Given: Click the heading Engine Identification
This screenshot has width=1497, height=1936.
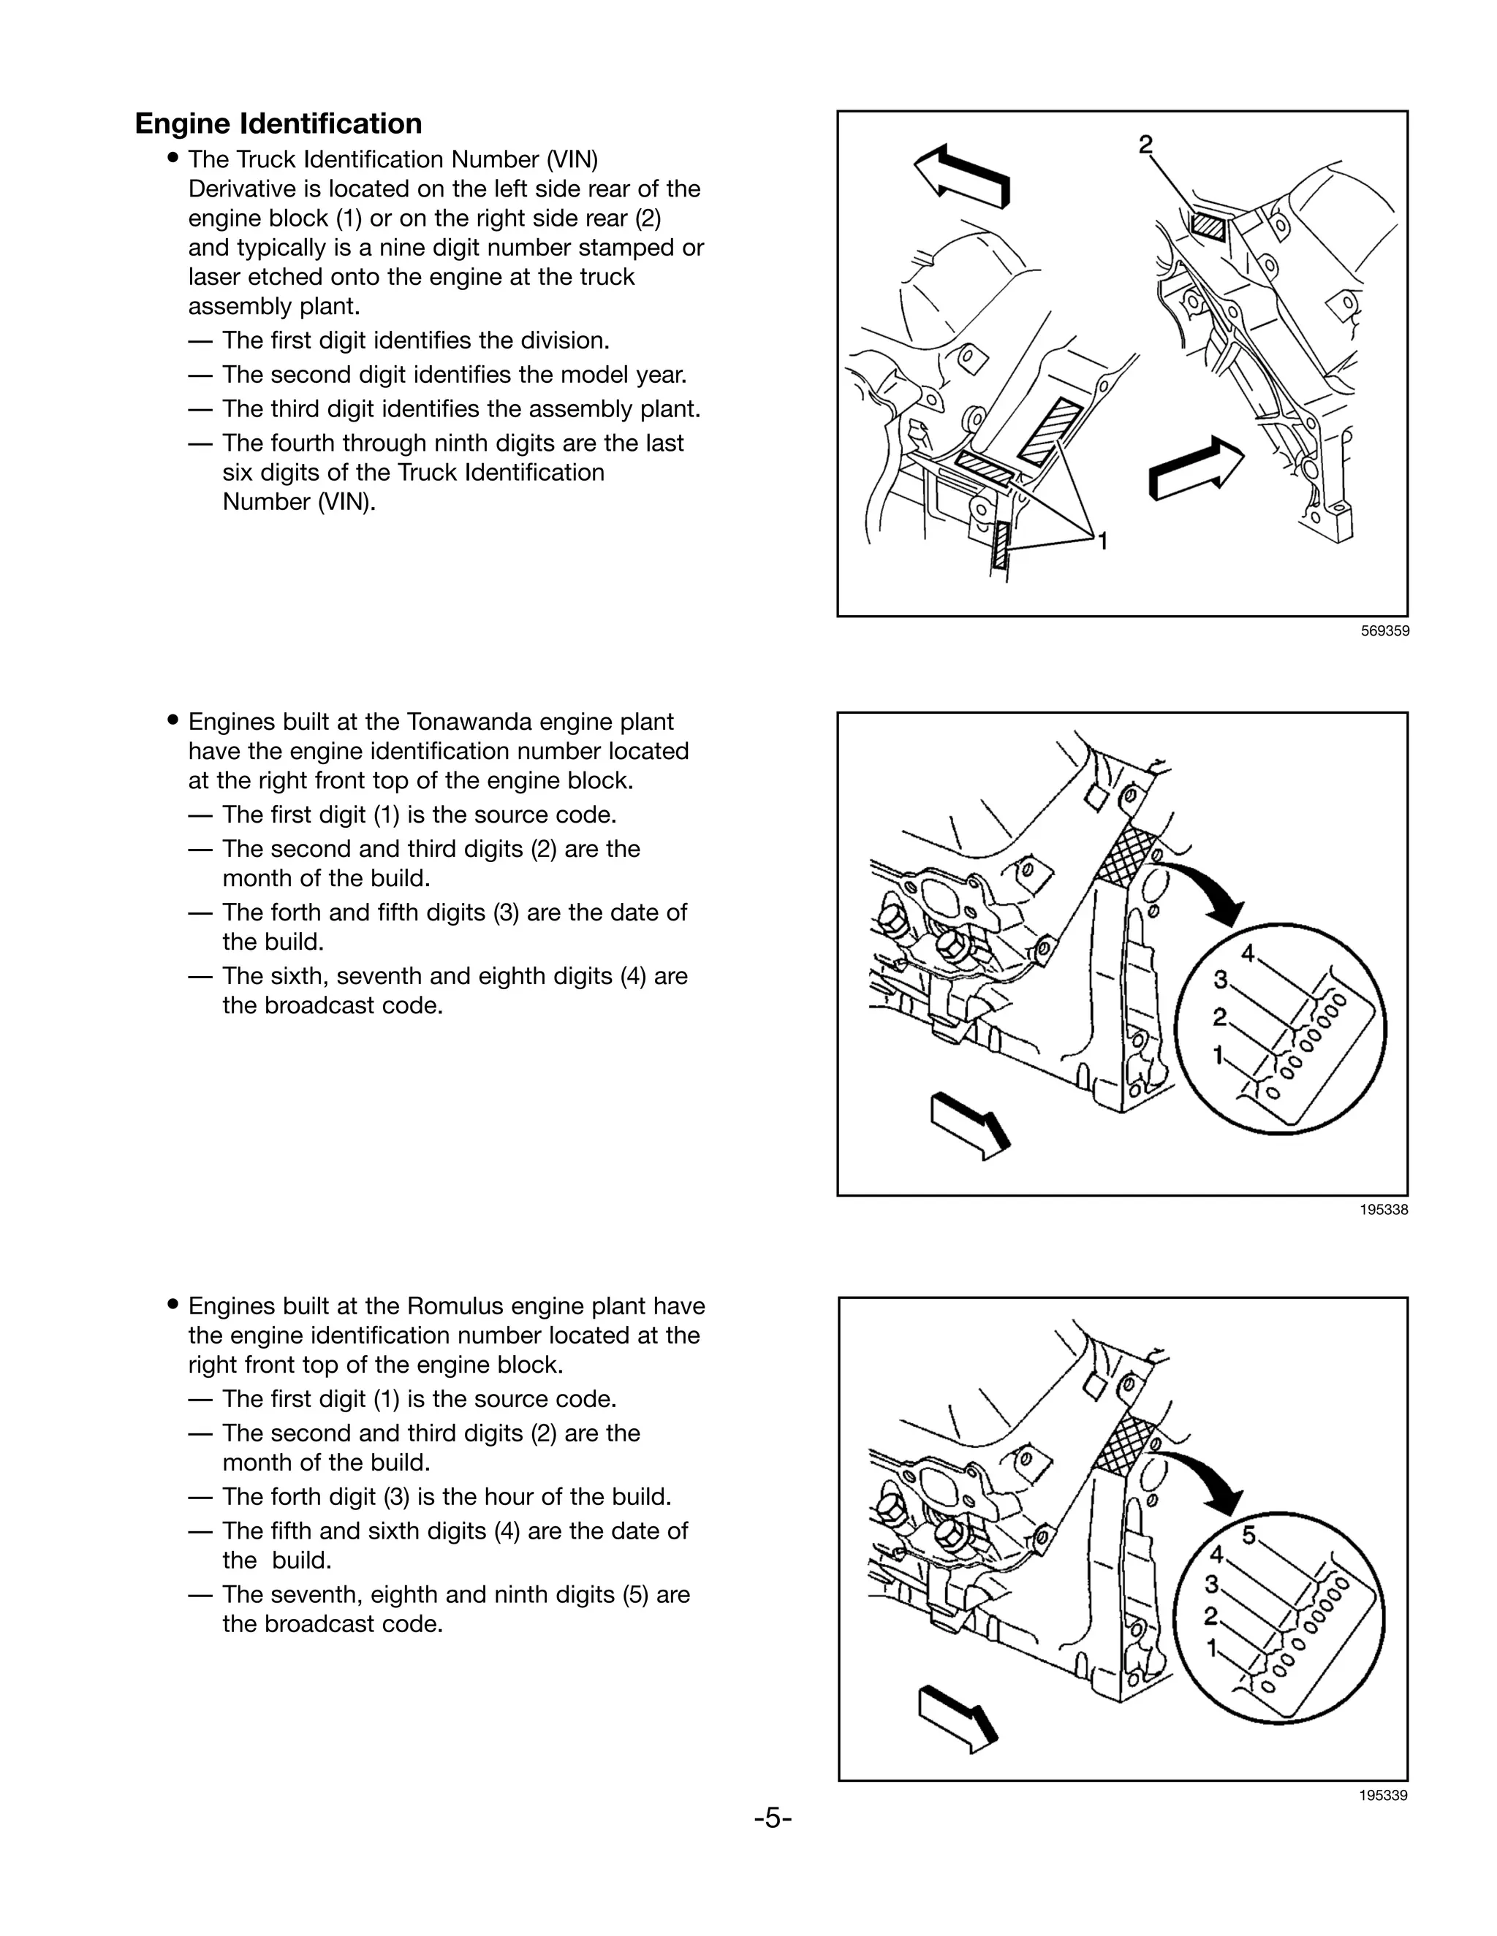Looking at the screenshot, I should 278,123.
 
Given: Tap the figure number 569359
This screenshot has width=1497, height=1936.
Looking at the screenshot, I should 1384,631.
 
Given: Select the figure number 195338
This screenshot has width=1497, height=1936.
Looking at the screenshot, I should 1384,1209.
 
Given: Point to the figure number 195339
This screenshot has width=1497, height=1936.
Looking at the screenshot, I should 1384,1796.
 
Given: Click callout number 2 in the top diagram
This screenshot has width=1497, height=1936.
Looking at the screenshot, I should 1146,144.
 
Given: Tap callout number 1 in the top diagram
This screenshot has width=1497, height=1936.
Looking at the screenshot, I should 1102,540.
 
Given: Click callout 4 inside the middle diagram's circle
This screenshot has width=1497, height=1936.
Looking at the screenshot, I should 1248,954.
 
